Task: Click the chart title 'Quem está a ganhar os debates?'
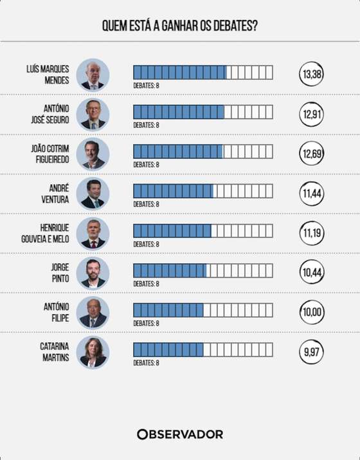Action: [180, 26]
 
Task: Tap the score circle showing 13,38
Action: [311, 74]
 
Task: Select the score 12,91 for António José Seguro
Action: [311, 114]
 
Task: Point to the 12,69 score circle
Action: [311, 153]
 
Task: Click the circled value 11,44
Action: [311, 194]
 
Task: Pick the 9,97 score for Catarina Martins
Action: [311, 351]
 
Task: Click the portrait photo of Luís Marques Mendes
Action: [93, 75]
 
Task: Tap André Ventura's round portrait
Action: [93, 194]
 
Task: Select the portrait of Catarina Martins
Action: [93, 352]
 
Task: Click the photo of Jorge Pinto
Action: [93, 273]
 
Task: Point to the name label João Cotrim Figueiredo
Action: [50, 154]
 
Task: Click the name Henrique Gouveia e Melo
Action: [45, 234]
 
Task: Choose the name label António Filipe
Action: [57, 312]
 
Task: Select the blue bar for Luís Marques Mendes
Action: [180, 73]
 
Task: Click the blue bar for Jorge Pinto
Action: [170, 270]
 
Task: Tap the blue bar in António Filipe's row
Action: [168, 310]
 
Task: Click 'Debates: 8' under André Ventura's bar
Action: [147, 204]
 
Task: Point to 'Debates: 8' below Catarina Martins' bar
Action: [147, 363]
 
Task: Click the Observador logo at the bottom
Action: [180, 434]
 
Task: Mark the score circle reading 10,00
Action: [311, 312]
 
